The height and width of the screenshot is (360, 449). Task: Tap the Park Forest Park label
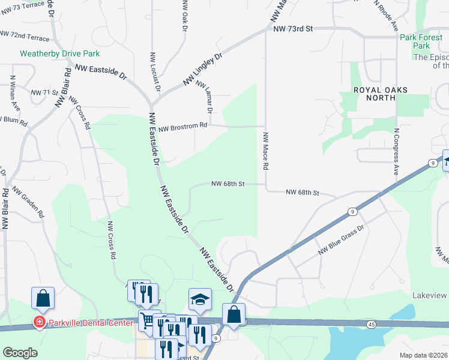[422, 41]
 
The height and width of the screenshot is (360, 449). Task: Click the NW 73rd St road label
[293, 29]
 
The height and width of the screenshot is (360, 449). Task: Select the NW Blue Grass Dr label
[342, 238]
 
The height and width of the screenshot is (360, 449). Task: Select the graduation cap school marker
[200, 299]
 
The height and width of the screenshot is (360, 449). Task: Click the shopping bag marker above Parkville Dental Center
[43, 298]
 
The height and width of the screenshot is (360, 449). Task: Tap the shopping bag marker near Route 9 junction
[234, 314]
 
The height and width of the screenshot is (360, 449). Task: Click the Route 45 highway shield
[372, 324]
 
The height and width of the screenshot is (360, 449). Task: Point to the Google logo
[20, 353]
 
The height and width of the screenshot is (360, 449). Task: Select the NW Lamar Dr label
[204, 96]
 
